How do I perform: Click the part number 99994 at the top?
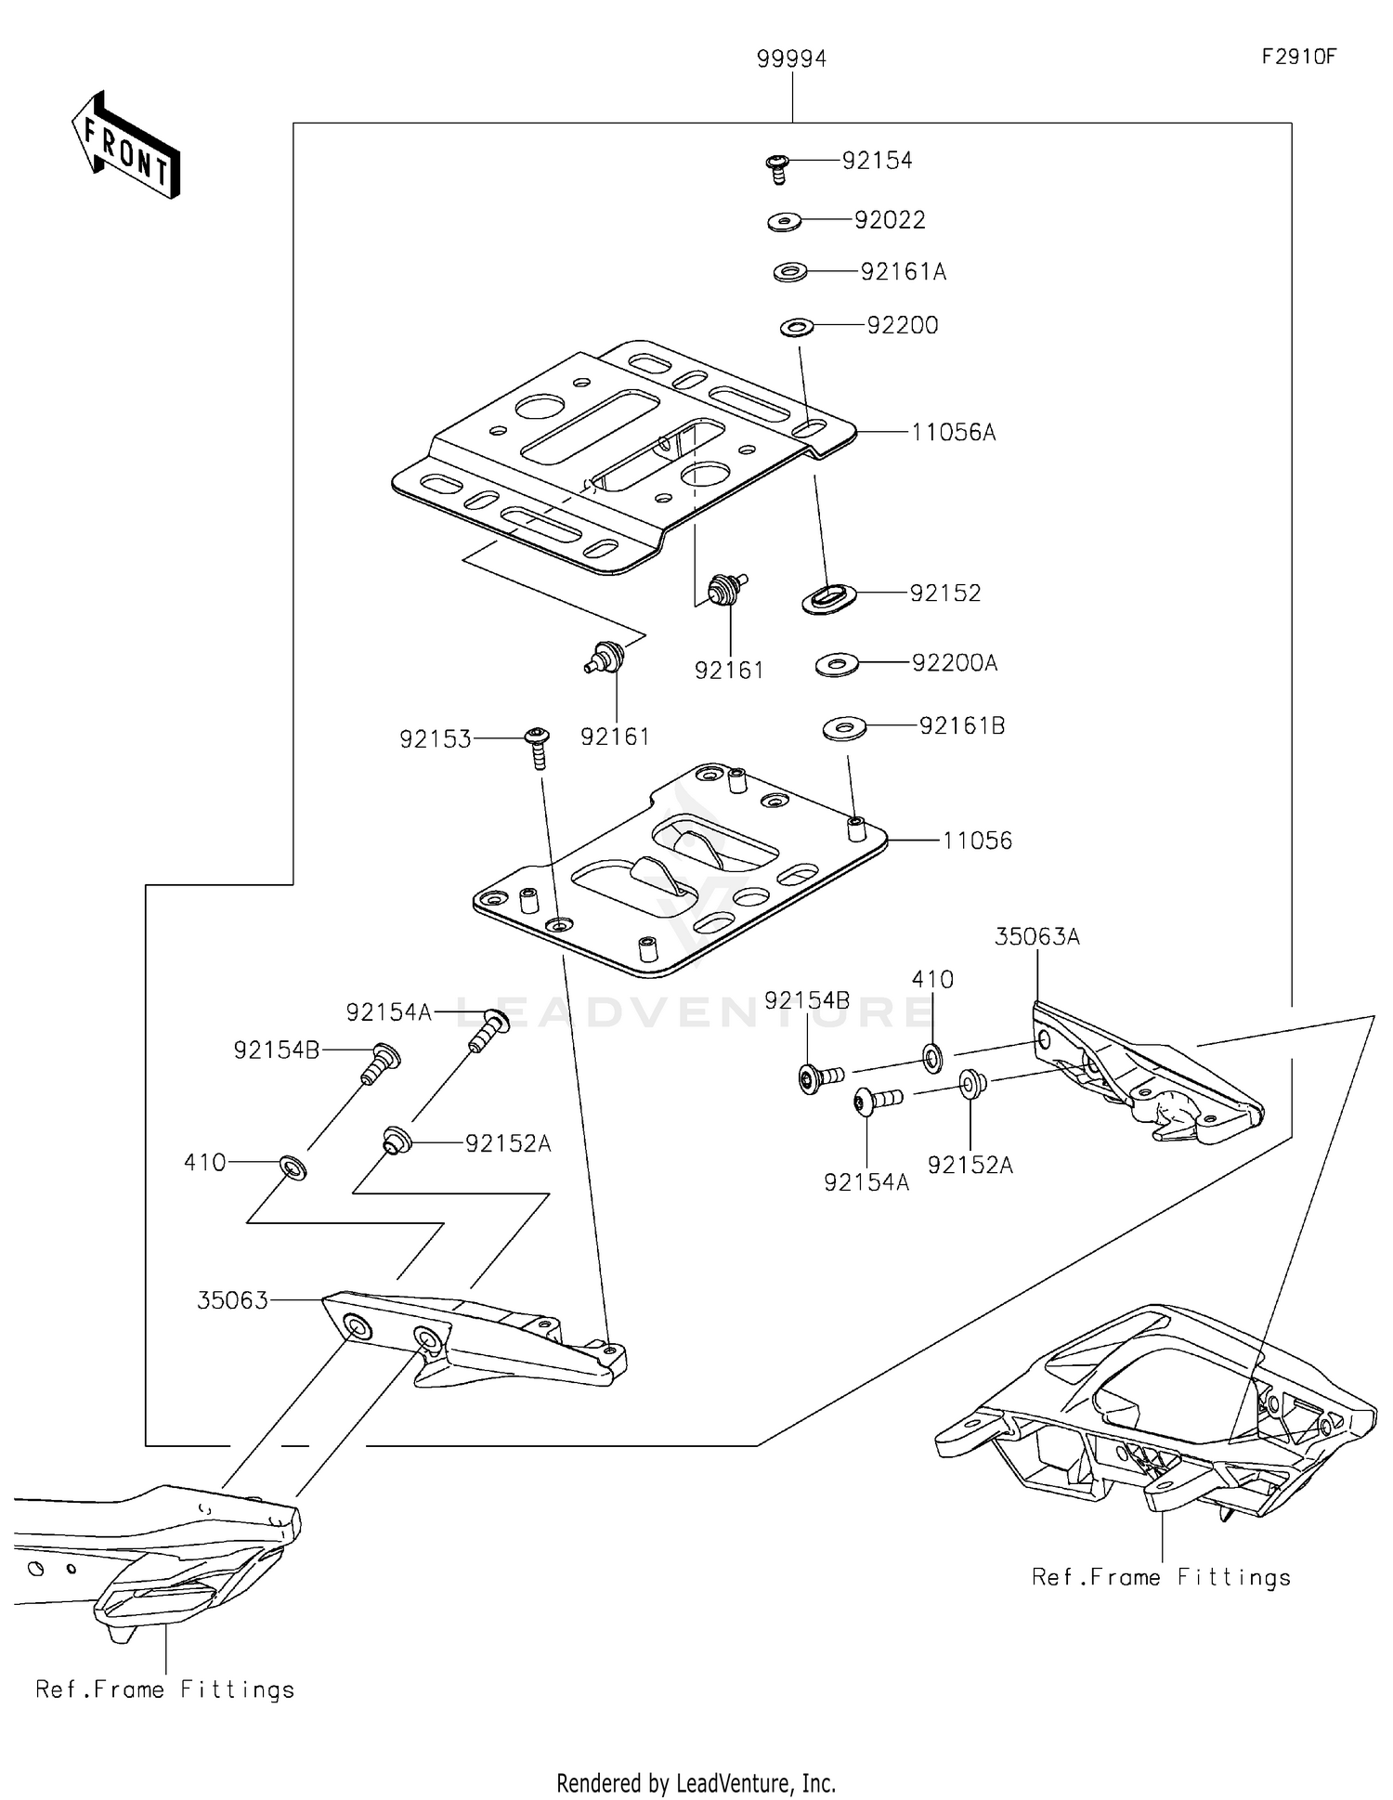click(791, 59)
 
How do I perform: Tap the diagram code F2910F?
click(1298, 57)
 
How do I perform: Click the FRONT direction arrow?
click(125, 146)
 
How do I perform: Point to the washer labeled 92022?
click(785, 222)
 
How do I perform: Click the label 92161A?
click(903, 272)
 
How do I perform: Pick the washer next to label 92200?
click(797, 326)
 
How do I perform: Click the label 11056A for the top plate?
click(953, 432)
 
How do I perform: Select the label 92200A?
click(954, 663)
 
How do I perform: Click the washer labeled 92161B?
click(844, 728)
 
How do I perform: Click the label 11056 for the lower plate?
click(976, 841)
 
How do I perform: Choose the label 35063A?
click(1036, 937)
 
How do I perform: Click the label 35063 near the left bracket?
click(232, 1300)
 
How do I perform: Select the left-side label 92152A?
click(508, 1144)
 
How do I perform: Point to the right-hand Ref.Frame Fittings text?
click(1161, 1577)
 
